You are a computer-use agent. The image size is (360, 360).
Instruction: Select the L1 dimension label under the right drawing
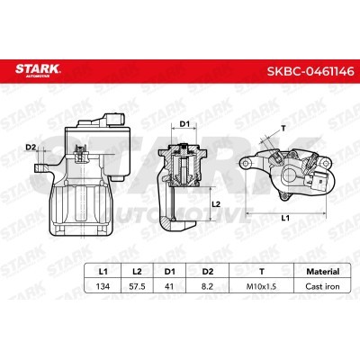coord(283,219)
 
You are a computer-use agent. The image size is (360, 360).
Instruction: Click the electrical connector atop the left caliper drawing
coord(112,121)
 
